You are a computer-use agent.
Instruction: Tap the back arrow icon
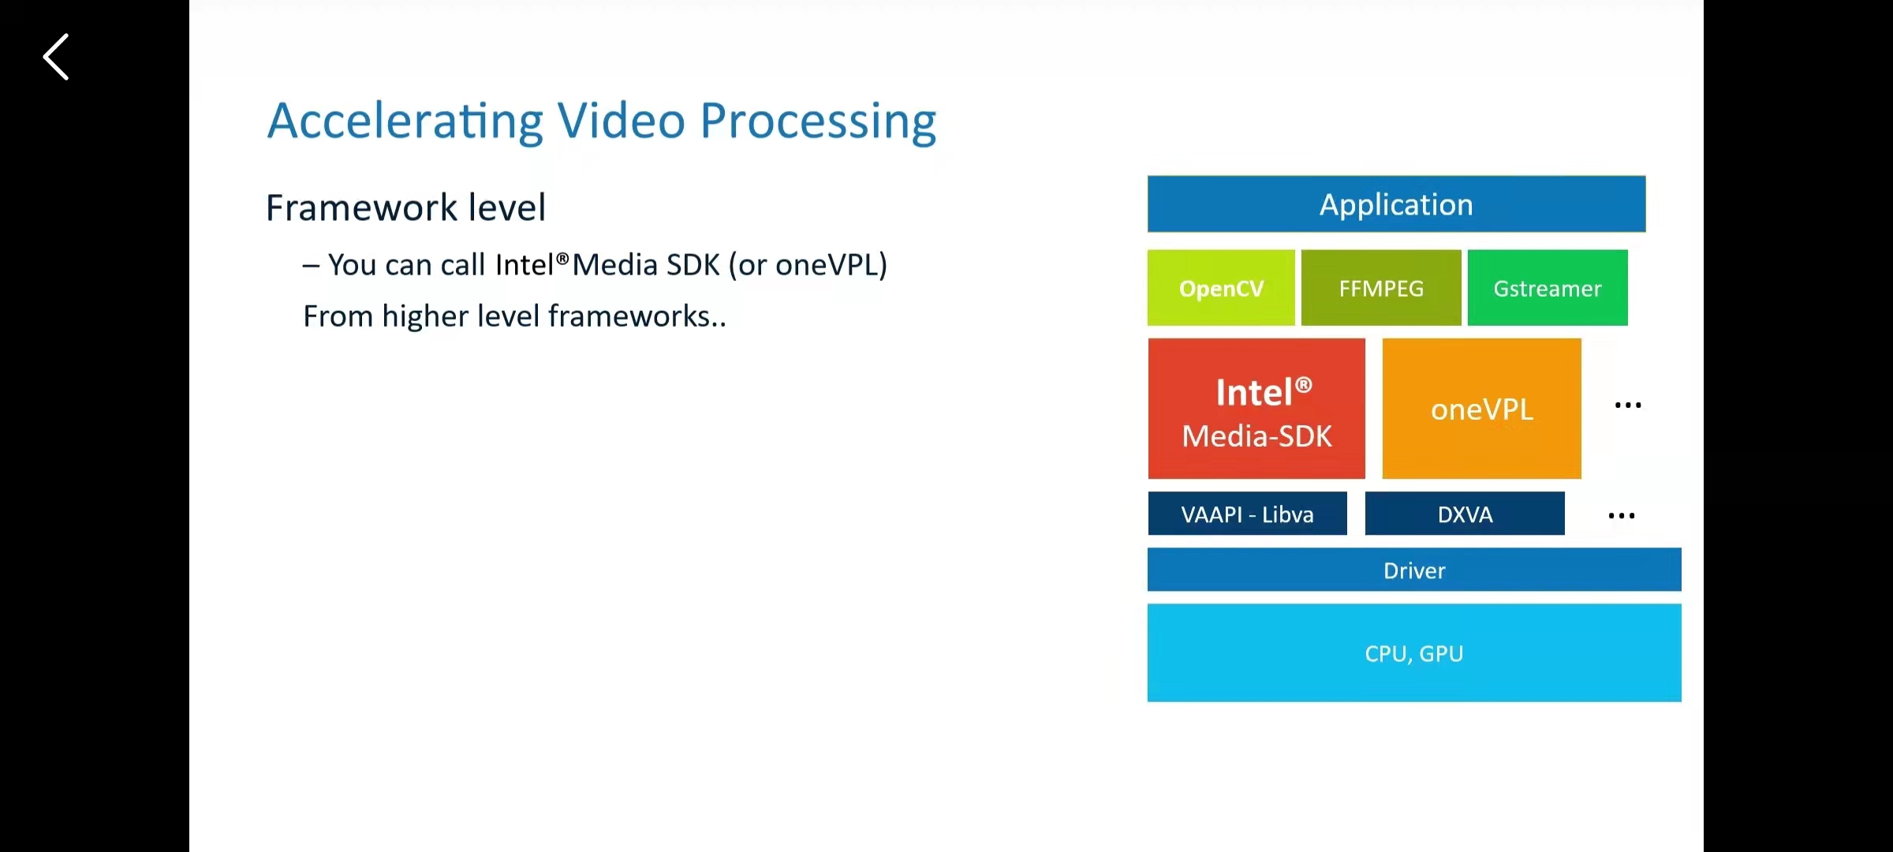[x=56, y=57]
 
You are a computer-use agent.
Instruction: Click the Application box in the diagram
[x=1396, y=204]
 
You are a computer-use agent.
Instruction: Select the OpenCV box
[x=1221, y=288]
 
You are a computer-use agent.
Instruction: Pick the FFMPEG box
[x=1381, y=288]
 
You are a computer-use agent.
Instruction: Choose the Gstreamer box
[x=1547, y=288]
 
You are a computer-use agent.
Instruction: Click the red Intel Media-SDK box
[x=1256, y=409]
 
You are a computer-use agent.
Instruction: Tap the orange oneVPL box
[x=1481, y=409]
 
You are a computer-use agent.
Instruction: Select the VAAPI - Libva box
[x=1247, y=514]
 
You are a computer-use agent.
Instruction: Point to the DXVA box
[x=1465, y=514]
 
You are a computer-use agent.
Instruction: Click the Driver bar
[x=1414, y=570]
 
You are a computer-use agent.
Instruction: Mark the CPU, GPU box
[x=1414, y=653]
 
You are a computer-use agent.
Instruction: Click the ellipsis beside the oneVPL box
[x=1628, y=405]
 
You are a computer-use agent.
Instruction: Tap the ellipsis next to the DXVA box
[x=1622, y=516]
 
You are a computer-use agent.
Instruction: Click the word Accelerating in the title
[x=405, y=121]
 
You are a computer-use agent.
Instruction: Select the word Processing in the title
[x=818, y=121]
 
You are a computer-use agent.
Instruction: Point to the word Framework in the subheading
[x=361, y=207]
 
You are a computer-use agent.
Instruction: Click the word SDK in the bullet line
[x=693, y=265]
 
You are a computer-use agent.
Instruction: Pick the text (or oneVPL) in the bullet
[x=808, y=265]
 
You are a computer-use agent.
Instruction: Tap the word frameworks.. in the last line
[x=637, y=316]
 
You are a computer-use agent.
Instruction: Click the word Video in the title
[x=622, y=121]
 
